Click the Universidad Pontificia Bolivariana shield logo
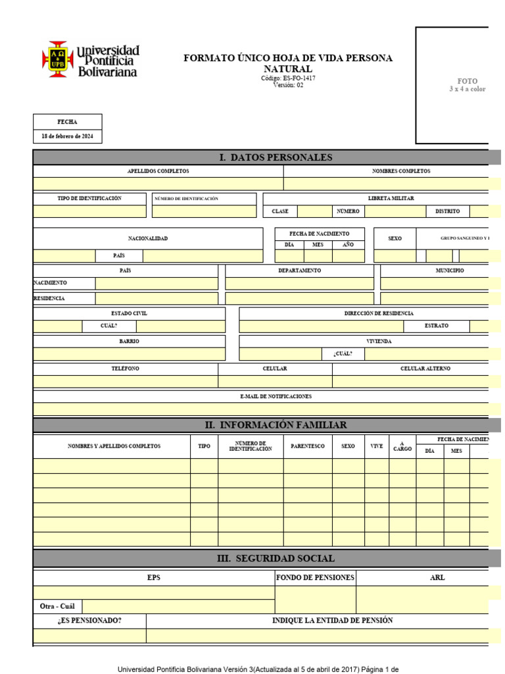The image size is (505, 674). click(57, 59)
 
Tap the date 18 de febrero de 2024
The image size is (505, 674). click(68, 136)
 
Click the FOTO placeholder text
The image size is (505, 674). click(468, 81)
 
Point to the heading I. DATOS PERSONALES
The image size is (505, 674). click(276, 157)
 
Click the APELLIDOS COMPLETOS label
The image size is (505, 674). click(158, 171)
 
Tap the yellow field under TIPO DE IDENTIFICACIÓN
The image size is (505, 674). click(89, 212)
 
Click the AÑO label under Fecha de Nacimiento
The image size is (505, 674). click(348, 244)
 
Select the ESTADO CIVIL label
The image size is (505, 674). click(129, 313)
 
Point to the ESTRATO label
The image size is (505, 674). click(437, 326)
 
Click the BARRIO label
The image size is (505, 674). click(129, 342)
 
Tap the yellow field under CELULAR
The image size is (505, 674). click(275, 382)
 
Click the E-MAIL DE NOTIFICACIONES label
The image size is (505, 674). click(276, 396)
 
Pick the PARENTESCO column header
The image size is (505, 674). click(308, 446)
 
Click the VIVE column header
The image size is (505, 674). click(377, 446)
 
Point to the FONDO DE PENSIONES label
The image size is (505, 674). click(316, 578)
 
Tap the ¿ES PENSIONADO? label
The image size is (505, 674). click(89, 621)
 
